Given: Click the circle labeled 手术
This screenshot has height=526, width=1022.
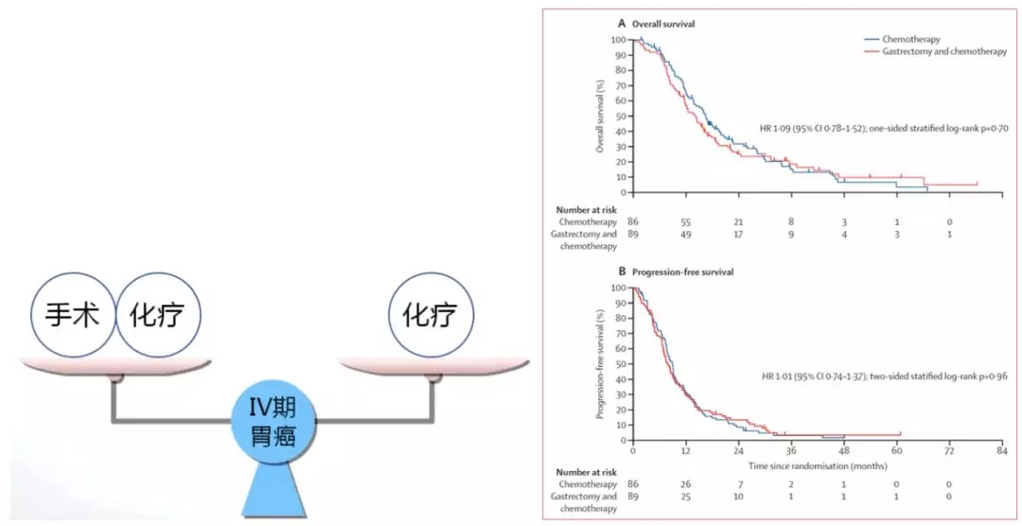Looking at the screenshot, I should [x=74, y=316].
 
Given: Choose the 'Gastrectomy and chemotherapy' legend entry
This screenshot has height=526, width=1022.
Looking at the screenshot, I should [x=936, y=51].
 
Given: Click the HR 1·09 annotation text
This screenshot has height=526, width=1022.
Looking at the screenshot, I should [x=885, y=127].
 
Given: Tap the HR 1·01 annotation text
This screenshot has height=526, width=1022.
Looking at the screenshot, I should [x=885, y=376].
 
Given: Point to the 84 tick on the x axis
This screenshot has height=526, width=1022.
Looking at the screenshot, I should [x=1000, y=452].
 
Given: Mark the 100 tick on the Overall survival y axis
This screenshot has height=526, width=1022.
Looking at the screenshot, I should [x=620, y=40].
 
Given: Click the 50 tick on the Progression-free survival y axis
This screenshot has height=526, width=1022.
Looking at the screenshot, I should [x=623, y=364].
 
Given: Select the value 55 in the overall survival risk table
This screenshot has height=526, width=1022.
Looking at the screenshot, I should [x=686, y=220].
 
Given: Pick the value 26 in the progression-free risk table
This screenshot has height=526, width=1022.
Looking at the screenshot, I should [x=686, y=483].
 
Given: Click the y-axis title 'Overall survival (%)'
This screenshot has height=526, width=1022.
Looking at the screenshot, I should [x=600, y=116].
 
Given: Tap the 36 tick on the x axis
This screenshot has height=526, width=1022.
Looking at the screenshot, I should [x=791, y=452].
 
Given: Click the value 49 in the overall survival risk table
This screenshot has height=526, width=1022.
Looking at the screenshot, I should [x=686, y=234].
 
